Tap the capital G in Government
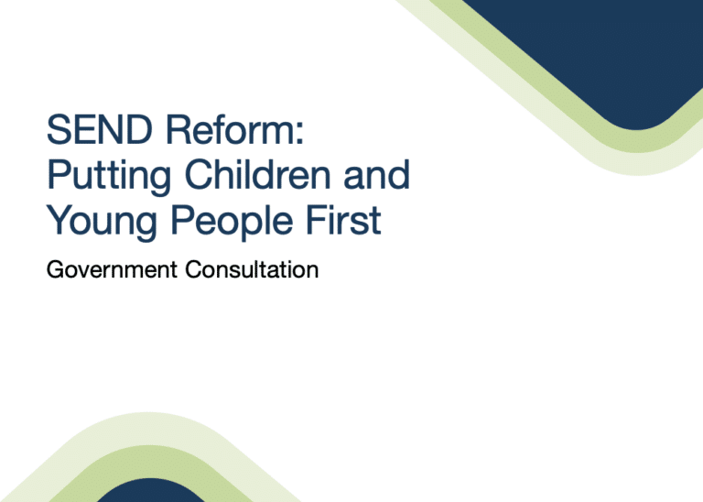tap(54, 270)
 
